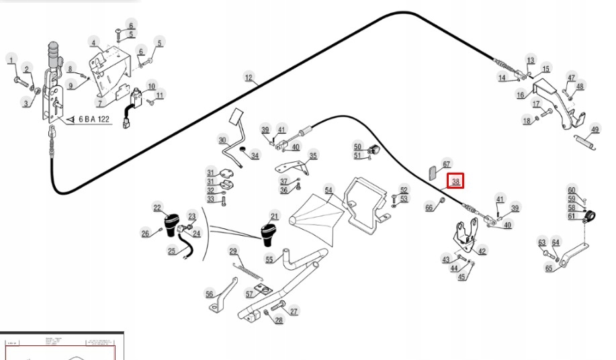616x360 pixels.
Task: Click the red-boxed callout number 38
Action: (x=455, y=181)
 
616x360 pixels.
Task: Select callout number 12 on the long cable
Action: (x=249, y=79)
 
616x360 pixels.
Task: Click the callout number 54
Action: (x=328, y=190)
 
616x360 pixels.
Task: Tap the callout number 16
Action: (x=521, y=95)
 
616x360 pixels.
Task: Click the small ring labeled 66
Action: (x=442, y=201)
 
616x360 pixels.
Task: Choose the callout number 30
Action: (x=222, y=140)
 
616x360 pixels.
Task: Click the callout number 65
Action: (x=549, y=269)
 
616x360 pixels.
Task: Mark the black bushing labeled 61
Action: (x=591, y=218)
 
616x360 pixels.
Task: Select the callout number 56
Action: (x=210, y=294)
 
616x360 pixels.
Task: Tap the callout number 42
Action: (x=482, y=251)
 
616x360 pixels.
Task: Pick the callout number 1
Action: (x=11, y=61)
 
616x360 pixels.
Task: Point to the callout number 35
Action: (x=313, y=156)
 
